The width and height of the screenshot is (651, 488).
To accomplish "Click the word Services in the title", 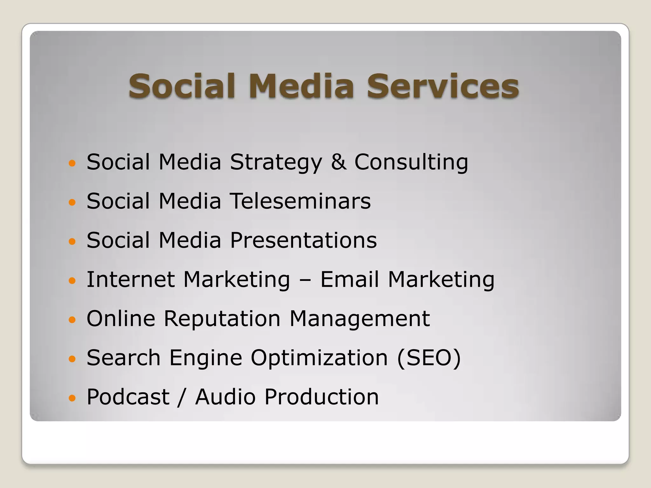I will tap(443, 86).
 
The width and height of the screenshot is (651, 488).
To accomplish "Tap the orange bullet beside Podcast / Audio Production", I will tap(72, 397).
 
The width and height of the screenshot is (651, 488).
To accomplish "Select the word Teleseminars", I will tap(300, 201).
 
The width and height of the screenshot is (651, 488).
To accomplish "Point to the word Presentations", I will tap(303, 240).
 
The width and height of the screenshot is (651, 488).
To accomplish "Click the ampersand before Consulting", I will tap(339, 162).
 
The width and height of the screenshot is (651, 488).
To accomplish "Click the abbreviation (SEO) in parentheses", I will tap(429, 358).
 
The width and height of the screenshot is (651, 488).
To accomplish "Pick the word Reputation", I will tap(222, 318).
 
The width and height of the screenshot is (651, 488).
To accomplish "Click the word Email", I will tap(349, 279).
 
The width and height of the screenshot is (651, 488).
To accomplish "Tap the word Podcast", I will tap(128, 397).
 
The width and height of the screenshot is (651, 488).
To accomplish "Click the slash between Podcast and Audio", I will tap(182, 397).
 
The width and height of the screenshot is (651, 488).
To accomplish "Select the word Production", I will tap(321, 397).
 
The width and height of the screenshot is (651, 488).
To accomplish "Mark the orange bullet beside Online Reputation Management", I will tap(72, 319).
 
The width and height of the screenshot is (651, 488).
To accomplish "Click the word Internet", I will tap(131, 279).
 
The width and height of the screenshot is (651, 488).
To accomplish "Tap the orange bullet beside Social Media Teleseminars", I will tap(72, 202).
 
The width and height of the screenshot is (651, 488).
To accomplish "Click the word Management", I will tap(360, 318).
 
